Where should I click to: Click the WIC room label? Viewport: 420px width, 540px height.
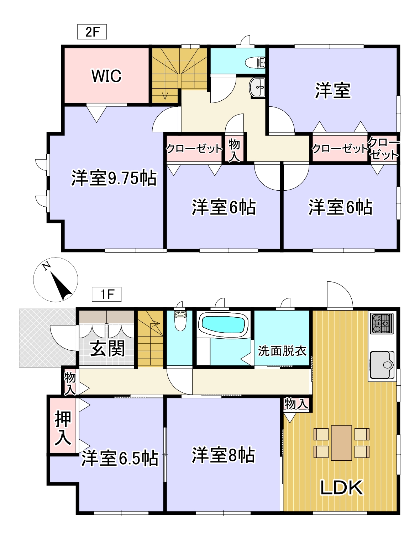(106, 76)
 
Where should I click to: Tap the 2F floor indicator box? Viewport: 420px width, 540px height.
(92, 32)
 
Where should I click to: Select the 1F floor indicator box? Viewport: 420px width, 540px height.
(106, 294)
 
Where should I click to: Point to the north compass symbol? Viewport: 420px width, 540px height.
(56, 280)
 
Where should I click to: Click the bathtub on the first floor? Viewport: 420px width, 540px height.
(223, 324)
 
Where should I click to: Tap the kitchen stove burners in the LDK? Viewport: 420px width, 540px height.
(382, 323)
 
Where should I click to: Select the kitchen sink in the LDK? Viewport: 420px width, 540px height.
(382, 365)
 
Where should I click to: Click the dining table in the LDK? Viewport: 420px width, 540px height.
(341, 443)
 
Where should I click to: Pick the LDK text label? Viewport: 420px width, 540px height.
(341, 487)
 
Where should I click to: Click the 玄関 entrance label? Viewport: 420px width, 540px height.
(107, 348)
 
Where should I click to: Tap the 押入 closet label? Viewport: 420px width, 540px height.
(63, 428)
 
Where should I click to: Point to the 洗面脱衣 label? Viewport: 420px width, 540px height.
(282, 351)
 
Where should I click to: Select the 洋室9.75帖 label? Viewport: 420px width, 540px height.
(114, 178)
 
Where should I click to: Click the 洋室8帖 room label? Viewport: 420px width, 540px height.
(223, 455)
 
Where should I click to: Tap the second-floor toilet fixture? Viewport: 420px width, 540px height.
(256, 62)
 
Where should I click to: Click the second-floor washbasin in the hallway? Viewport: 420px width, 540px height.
(257, 87)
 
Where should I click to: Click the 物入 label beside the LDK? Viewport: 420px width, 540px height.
(296, 404)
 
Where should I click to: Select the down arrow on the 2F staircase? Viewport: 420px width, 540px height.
(165, 94)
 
